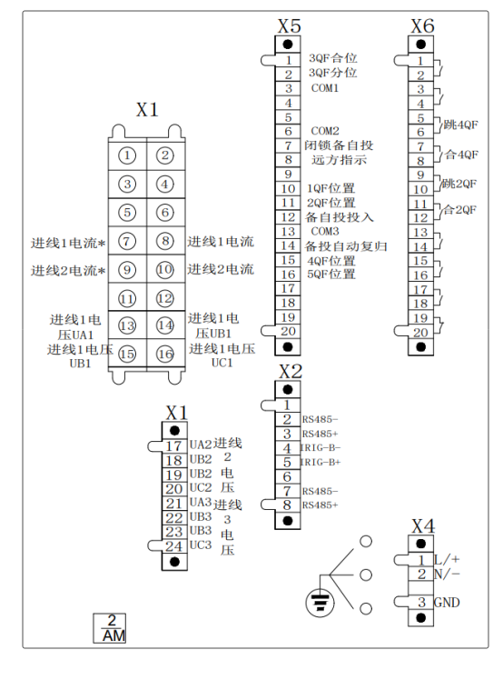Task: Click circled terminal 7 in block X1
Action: coord(127,241)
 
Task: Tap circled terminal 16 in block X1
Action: coord(165,355)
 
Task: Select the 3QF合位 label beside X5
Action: coord(332,58)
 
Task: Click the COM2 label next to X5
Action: coord(325,131)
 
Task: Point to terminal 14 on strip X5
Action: coord(288,245)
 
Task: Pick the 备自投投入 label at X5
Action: coord(340,217)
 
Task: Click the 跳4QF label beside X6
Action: coord(460,125)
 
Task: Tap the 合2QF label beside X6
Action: coord(460,210)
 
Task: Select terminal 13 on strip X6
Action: coord(420,233)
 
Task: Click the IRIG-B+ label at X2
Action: coord(321,463)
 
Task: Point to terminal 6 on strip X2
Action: coord(287,477)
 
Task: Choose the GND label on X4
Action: coord(447,603)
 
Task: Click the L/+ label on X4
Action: coord(447,559)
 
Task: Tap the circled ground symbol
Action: coord(321,603)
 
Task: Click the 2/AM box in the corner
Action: coord(110,628)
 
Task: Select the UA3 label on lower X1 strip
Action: coord(201,503)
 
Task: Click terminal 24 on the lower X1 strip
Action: coord(174,546)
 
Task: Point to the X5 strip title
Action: coord(289,26)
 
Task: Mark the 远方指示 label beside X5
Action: coord(340,160)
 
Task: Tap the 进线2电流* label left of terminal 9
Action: coord(68,271)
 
